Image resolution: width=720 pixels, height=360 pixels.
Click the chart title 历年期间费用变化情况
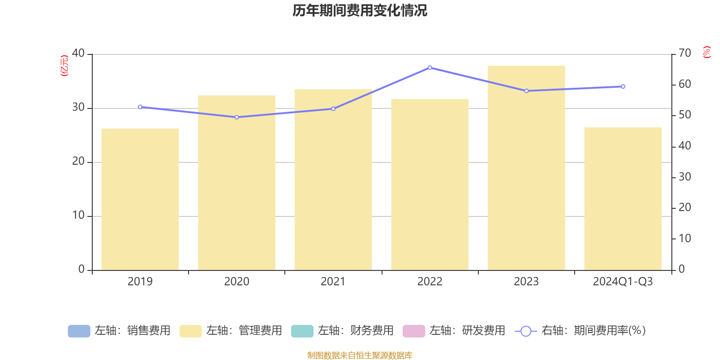tap(360, 10)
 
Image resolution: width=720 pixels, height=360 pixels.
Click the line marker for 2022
tap(430, 67)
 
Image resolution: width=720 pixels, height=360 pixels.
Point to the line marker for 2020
tap(237, 117)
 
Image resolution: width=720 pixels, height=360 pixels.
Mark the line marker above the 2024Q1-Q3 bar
tap(623, 86)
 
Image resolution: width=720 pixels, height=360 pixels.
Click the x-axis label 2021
tap(333, 282)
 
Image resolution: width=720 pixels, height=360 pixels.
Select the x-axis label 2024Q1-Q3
tap(623, 282)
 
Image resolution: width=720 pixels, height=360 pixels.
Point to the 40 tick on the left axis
tap(78, 54)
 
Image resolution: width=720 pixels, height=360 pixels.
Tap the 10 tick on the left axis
tap(78, 216)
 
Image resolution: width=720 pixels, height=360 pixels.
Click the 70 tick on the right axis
tap(684, 54)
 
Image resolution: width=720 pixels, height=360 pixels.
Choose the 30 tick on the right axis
tap(684, 177)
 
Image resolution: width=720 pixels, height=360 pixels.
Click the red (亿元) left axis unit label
tap(65, 66)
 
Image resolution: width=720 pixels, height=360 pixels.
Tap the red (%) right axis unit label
tap(706, 52)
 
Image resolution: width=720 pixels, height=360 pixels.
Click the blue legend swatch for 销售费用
tap(79, 331)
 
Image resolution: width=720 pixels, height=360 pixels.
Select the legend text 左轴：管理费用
tap(244, 331)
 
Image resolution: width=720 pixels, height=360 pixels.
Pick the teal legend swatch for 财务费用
tap(302, 331)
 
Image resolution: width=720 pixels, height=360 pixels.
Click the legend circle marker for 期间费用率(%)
tap(526, 331)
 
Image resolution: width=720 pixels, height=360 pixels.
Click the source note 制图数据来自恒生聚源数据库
tap(360, 355)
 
